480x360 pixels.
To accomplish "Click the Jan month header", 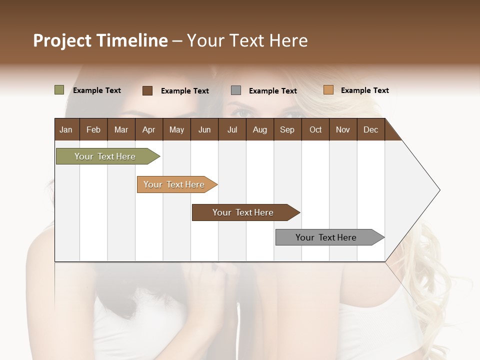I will click(66, 129).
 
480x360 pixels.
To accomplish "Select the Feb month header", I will click(93, 129).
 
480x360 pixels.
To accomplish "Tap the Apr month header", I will click(148, 129).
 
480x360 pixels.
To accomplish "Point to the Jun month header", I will click(204, 129).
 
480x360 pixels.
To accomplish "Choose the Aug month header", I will click(259, 129).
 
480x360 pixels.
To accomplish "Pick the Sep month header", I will click(287, 129).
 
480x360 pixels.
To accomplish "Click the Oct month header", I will click(315, 129).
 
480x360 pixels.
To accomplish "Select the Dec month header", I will click(370, 129).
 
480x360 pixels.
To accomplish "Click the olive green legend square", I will click(59, 90).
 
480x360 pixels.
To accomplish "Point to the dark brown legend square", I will click(147, 90).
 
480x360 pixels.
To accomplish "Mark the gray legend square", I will click(236, 90).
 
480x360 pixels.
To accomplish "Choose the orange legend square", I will click(328, 90).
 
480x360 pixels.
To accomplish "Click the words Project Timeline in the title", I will click(100, 40).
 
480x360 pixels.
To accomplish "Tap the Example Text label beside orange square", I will click(364, 90).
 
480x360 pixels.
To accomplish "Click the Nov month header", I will click(342, 129).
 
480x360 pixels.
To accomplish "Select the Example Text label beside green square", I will click(97, 90).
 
